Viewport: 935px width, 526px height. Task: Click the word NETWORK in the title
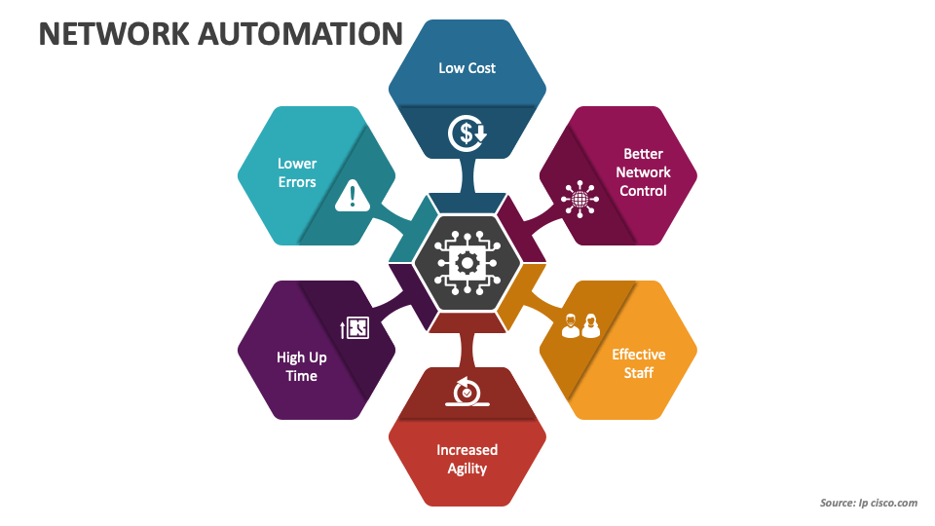click(x=114, y=34)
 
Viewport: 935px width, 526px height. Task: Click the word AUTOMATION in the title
click(x=301, y=34)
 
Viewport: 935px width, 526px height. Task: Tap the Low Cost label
click(x=467, y=68)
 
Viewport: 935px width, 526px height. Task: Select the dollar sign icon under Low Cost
click(x=467, y=133)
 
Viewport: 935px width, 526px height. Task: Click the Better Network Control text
click(x=643, y=172)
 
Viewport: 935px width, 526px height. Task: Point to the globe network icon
click(x=580, y=199)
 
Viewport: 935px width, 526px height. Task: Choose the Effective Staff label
click(x=639, y=363)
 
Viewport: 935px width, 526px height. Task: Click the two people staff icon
click(x=580, y=325)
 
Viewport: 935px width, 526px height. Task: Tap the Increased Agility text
click(x=467, y=459)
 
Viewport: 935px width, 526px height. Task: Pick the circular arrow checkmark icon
click(x=467, y=392)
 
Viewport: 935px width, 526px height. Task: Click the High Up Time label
click(x=301, y=366)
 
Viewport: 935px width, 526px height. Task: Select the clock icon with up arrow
click(x=355, y=328)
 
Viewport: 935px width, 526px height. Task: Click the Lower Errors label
click(x=297, y=172)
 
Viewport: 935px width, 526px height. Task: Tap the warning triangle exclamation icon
click(x=353, y=196)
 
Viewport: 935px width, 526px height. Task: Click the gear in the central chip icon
click(x=467, y=262)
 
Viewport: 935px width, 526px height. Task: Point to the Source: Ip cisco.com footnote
click(x=868, y=503)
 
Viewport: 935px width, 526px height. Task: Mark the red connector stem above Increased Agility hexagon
click(x=467, y=350)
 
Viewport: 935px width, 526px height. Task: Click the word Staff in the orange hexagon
click(x=639, y=373)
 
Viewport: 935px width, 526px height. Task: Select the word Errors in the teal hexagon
click(x=297, y=182)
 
